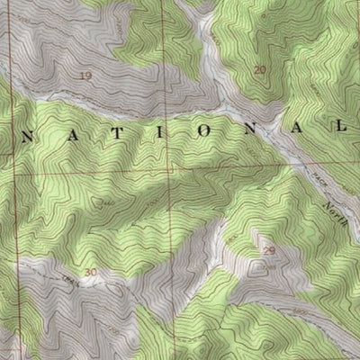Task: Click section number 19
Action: (86, 76)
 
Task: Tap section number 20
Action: (261, 69)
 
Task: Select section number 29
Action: (267, 248)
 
